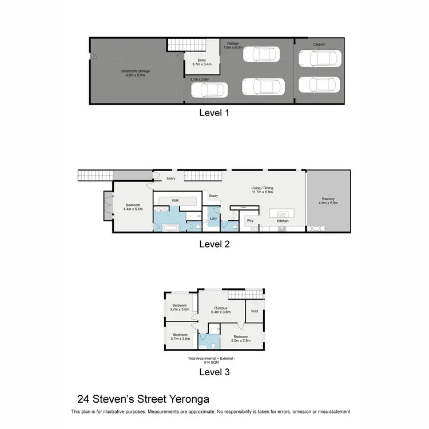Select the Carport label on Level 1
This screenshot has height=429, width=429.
coord(319,44)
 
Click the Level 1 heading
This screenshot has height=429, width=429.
coord(214,113)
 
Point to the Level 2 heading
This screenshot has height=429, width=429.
coord(214,244)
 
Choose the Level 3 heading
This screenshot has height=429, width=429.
coord(214,372)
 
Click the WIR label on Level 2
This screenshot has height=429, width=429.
coord(176,200)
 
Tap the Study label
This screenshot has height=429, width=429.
coord(213,196)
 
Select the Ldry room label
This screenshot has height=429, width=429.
coord(213,219)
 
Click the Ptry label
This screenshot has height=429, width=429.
coord(250,220)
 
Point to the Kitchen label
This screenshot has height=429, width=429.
coord(283,221)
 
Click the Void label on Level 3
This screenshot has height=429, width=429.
coord(254,312)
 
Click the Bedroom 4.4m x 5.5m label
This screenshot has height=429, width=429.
coord(133,207)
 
